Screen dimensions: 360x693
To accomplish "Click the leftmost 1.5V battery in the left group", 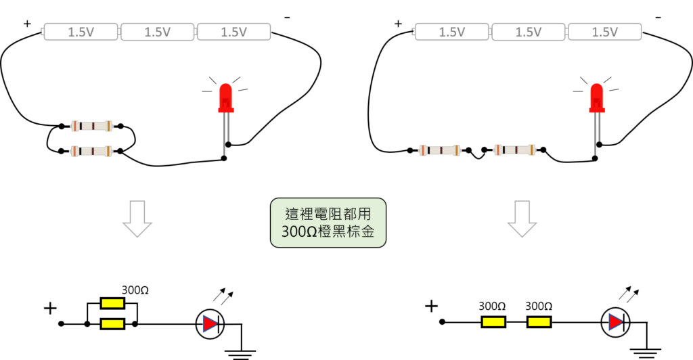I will pos(81,32).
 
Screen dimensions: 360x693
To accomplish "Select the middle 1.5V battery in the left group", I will pos(158,32).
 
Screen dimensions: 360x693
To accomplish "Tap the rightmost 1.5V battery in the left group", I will pos(233,32).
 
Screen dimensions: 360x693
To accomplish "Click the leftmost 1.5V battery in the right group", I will pos(452,32).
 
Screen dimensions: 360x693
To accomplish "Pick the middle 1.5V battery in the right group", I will pos(529,32).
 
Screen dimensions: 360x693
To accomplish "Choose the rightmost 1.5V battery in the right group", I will pos(604,32).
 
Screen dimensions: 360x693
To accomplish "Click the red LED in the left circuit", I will pos(225,100).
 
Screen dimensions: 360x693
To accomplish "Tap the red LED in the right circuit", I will pos(596,100).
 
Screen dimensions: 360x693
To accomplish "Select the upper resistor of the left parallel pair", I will pos(91,126).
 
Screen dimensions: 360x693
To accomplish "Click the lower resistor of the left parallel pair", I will pos(91,151).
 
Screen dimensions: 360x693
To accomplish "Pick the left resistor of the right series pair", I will pos(439,150).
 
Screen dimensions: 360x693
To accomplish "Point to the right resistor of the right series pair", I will pos(514,150).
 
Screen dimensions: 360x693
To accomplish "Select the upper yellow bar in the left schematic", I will pos(112,303).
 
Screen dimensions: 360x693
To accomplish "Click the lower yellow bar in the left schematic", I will pos(112,324).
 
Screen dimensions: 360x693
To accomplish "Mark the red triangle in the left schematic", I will pos(209,324).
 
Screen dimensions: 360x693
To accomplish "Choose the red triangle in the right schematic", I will pos(614,322).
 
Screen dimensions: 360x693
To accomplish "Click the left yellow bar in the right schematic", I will pos(493,322).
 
